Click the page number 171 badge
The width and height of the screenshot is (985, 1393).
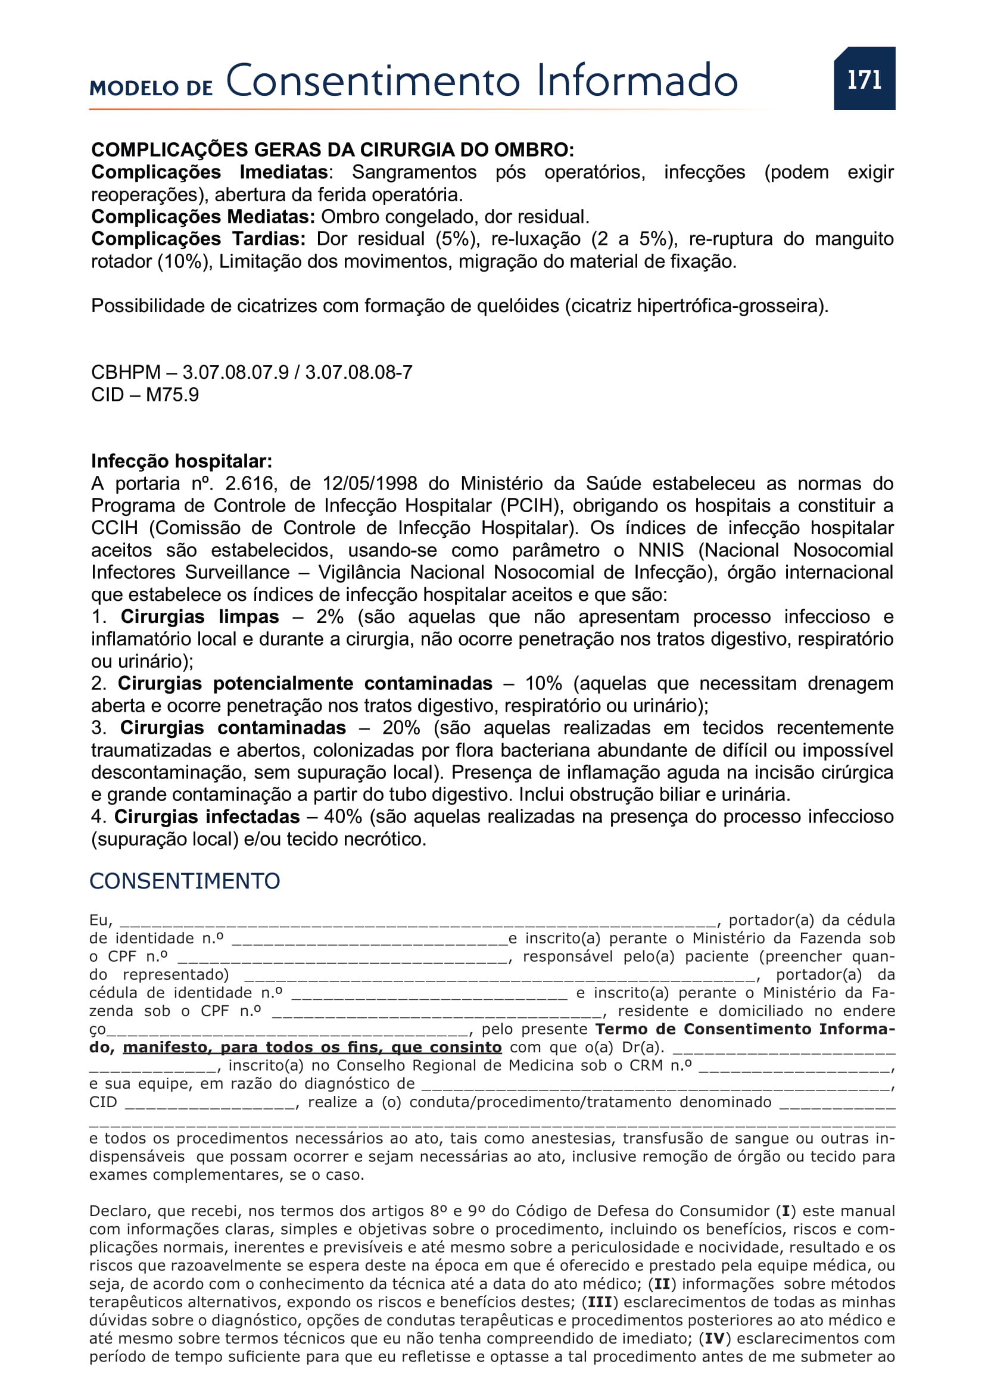(864, 79)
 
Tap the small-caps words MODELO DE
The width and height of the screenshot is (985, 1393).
(151, 88)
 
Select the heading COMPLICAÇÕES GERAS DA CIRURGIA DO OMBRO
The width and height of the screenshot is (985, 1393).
(332, 149)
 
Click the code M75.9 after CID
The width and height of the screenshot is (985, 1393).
(172, 395)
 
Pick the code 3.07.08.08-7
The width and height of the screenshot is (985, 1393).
(359, 372)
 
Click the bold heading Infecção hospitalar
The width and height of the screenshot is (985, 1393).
(182, 461)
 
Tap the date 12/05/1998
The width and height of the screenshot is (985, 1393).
(370, 484)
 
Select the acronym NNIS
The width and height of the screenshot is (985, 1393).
(660, 550)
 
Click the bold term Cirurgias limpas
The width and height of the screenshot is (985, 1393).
(200, 617)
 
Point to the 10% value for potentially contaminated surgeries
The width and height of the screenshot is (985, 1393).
(544, 684)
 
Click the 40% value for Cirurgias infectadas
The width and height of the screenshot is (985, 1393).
(342, 817)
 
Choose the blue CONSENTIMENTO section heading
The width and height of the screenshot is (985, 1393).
(185, 881)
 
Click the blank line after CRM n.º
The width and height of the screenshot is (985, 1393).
(794, 1066)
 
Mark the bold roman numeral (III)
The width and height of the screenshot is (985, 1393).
(600, 1302)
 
